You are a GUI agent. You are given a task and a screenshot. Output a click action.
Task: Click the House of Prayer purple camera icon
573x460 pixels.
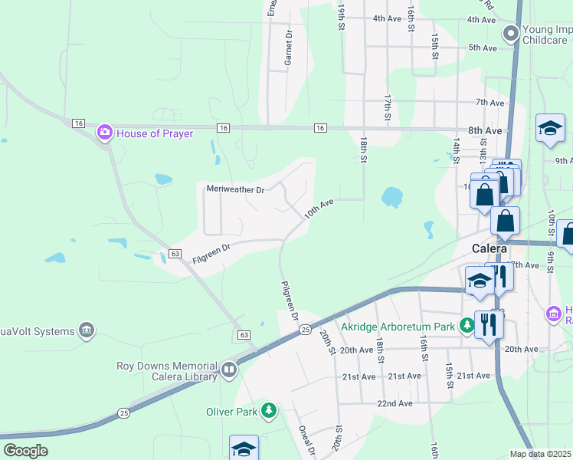pyautogui.click(x=105, y=133)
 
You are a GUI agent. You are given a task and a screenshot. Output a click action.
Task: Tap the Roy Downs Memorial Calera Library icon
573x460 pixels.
pyautogui.click(x=228, y=371)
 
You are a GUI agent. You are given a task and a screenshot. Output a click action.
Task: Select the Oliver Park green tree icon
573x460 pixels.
pyautogui.click(x=268, y=411)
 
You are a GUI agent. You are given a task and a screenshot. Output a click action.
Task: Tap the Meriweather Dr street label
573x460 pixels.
pyautogui.click(x=235, y=189)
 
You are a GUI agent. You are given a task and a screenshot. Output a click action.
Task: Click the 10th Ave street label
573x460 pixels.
pyautogui.click(x=319, y=209)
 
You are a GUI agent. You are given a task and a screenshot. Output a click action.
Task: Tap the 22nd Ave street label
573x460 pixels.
pyautogui.click(x=395, y=403)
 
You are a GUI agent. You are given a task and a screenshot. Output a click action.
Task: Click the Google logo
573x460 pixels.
pyautogui.click(x=25, y=451)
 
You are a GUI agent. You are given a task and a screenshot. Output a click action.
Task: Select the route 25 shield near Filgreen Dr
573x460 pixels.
pyautogui.click(x=304, y=329)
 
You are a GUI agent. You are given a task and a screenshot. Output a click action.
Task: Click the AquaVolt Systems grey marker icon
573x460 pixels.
pyautogui.click(x=87, y=330)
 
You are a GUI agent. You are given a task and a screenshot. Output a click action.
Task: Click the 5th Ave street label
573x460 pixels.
pyautogui.click(x=483, y=48)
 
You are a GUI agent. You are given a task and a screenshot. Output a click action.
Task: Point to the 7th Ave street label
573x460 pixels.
pyautogui.click(x=490, y=102)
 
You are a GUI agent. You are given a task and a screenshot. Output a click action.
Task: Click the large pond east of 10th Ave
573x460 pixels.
pyautogui.click(x=391, y=197)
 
